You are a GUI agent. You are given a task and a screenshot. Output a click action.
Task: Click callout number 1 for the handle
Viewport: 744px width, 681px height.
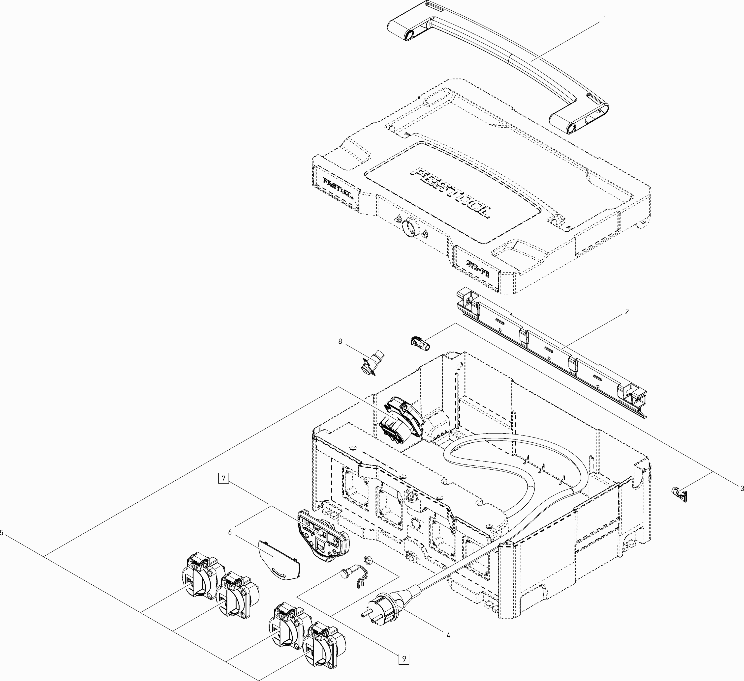tap(604, 19)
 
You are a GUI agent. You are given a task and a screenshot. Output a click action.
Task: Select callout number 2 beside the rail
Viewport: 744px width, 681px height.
tap(627, 312)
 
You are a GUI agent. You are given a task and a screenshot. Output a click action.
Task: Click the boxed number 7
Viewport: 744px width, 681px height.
tap(224, 479)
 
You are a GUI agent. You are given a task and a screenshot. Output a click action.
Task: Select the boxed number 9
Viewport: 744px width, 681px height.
tap(404, 658)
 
